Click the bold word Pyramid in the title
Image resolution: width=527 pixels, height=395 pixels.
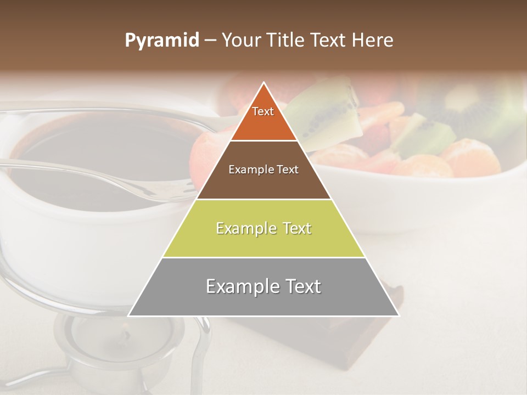[161, 41]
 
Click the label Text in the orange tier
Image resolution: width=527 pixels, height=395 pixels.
[263, 111]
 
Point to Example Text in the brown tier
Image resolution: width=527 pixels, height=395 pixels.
[263, 170]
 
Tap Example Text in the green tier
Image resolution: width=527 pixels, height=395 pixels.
[263, 228]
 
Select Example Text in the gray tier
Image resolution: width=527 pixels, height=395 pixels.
[263, 286]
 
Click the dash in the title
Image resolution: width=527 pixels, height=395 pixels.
[210, 41]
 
